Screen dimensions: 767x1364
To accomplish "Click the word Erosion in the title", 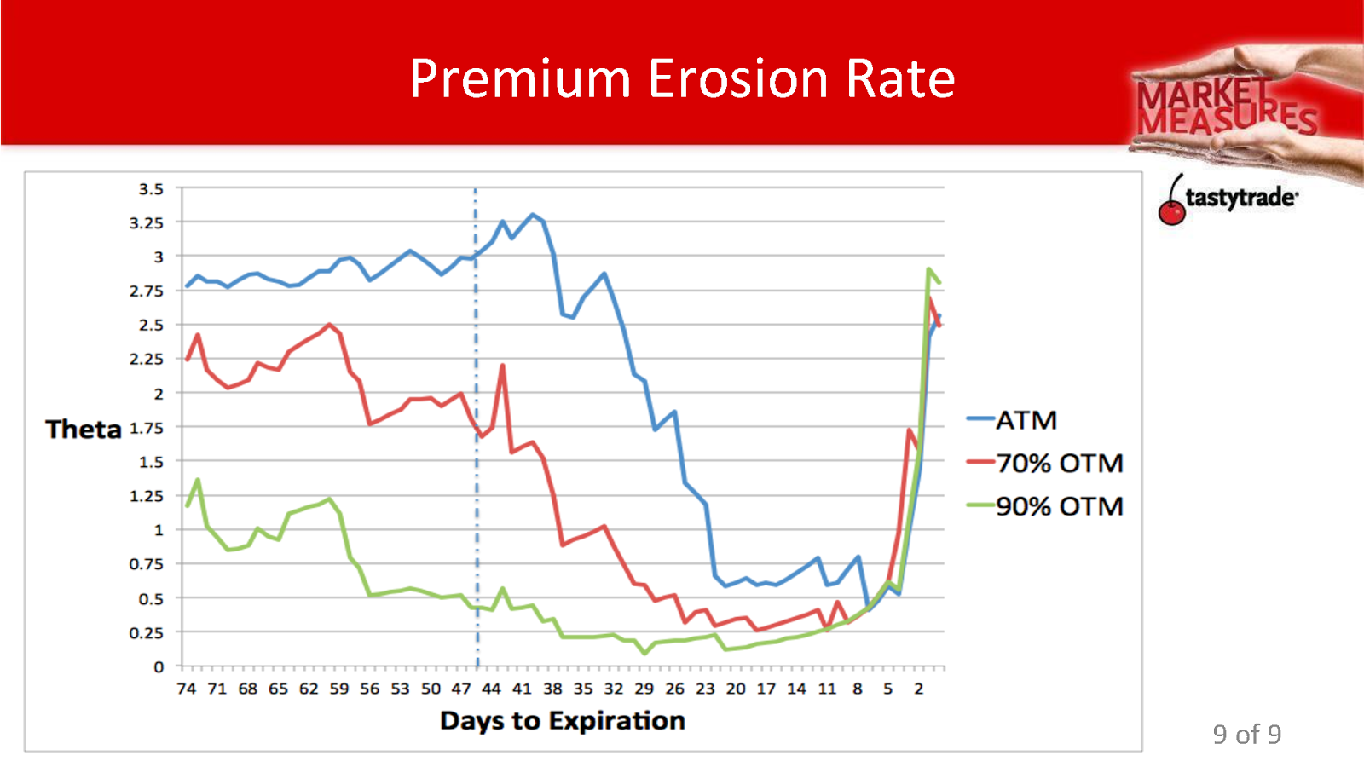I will pos(738,78).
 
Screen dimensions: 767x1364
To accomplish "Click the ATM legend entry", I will pos(1026,420).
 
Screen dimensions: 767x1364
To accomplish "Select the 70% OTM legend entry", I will pos(1059,463).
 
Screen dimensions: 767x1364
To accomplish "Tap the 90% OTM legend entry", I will pos(1059,506).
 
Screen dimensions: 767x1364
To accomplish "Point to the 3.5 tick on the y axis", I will pos(151,188).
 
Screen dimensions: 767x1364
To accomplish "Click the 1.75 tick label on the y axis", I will pos(147,428).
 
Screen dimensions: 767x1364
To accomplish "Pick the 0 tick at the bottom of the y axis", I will pos(159,667).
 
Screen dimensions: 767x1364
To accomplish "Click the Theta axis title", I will pos(84,429).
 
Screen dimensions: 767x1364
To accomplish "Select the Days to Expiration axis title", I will pos(562,721).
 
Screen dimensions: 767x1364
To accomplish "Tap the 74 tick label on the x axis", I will pos(186,689).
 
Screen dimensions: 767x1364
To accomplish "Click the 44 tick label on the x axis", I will pos(491,689).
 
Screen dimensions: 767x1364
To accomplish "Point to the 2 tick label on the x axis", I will pos(918,689).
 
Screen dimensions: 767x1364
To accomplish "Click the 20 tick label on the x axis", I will pos(735,689).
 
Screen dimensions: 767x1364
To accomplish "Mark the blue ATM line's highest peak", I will pos(533,215).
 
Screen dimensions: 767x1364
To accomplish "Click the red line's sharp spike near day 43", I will pos(502,366).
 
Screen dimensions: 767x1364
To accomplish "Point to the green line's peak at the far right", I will pos(928,269).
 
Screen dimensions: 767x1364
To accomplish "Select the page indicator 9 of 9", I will pos(1246,735).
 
